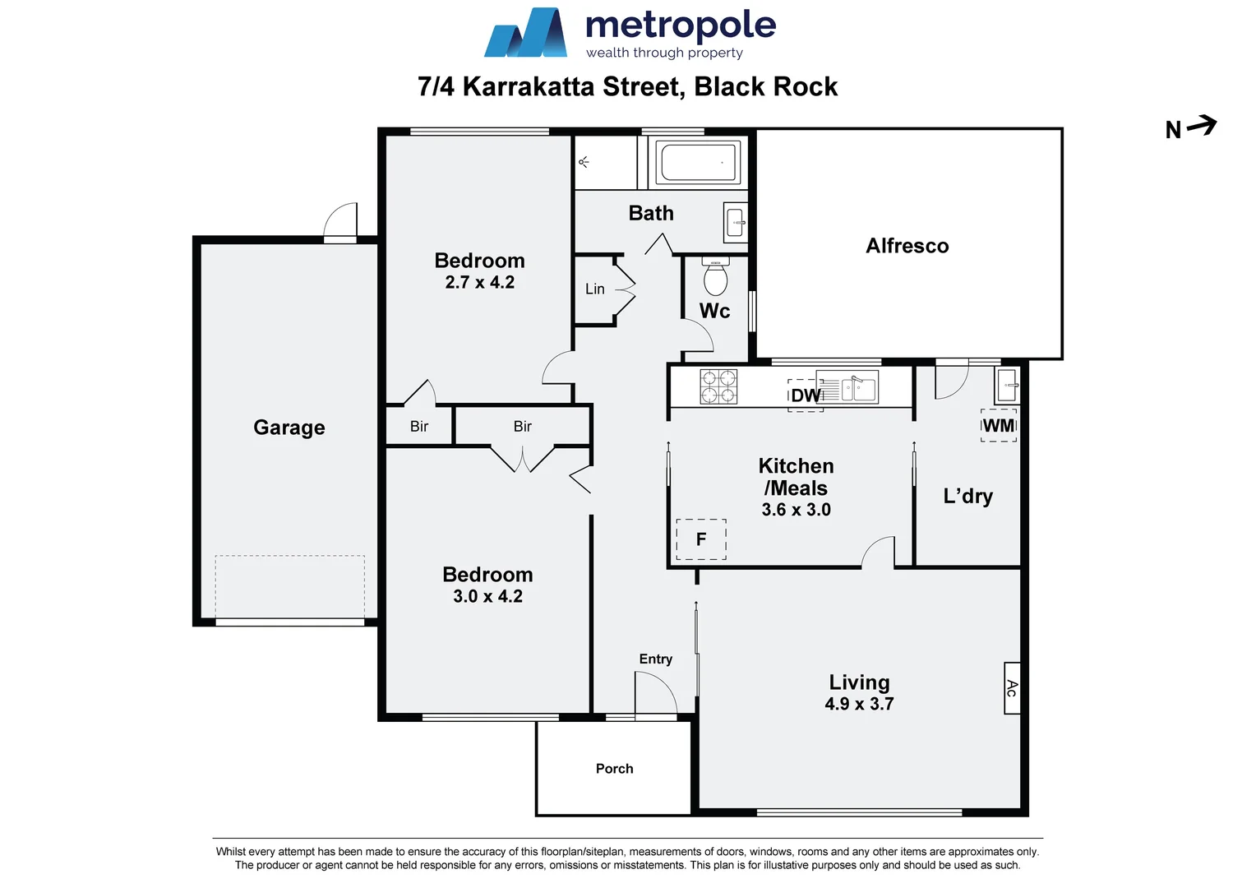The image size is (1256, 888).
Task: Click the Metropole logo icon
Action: point(525,35)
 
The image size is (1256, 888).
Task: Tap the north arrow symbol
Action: point(1201,126)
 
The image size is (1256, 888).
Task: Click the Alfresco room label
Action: point(907,246)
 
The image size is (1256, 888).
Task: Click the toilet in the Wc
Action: point(716,278)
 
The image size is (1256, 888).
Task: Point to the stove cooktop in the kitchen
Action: point(718,386)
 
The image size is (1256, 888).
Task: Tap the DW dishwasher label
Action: point(806,395)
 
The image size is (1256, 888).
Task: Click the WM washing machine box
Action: point(999,426)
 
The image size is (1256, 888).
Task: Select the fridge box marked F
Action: point(701,539)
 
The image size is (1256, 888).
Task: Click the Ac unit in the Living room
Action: point(1012,688)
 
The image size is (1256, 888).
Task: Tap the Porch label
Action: point(614,769)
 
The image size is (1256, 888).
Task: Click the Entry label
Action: point(655,659)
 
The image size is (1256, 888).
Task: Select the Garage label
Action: point(289,428)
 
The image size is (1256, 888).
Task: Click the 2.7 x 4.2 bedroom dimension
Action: point(479,283)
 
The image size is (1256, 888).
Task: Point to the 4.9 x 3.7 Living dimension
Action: point(859,705)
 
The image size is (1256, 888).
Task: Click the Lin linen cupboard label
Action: point(594,289)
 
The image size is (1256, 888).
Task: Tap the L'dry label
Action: point(967,496)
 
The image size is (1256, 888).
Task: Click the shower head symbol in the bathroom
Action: point(584,162)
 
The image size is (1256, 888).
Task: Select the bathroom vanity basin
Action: point(736,222)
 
